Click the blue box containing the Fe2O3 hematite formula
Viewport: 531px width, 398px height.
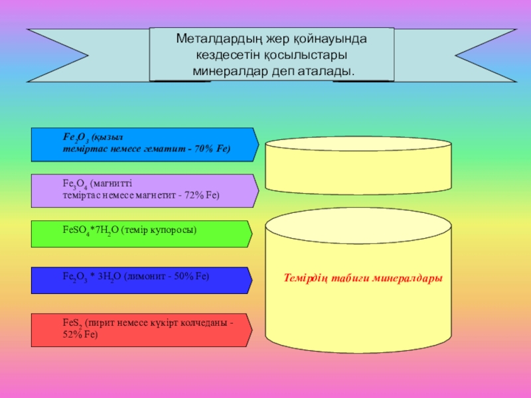click(x=143, y=145)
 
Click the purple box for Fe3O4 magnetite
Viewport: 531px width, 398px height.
click(x=143, y=190)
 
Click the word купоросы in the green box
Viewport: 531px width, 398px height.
click(x=175, y=230)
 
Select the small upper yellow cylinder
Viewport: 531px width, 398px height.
click(x=359, y=162)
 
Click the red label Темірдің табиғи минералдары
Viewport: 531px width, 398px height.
click(x=362, y=278)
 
